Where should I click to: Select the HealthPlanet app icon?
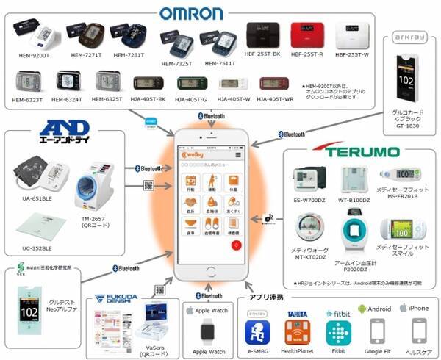tap(297, 331)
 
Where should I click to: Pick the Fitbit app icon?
tap(337, 331)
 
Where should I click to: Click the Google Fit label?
tap(378, 351)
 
